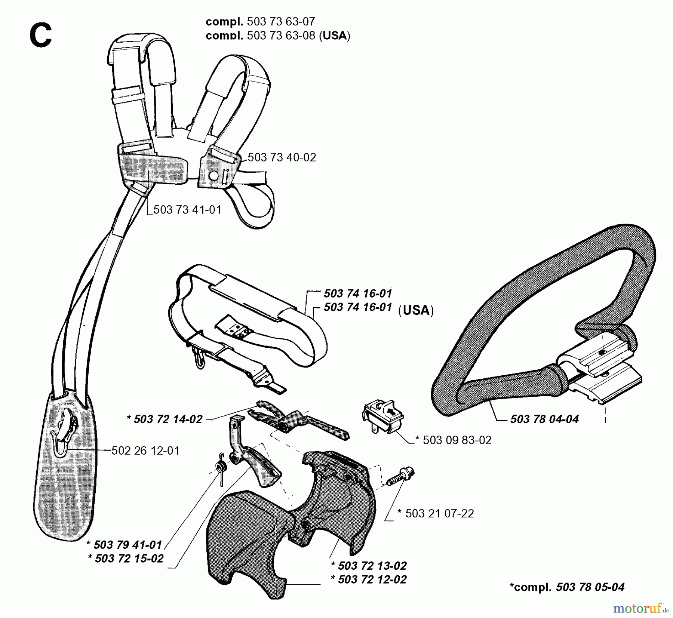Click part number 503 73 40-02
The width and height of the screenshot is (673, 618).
(x=282, y=157)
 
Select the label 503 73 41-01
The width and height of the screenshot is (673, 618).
(x=187, y=209)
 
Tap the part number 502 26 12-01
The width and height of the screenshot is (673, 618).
(x=145, y=451)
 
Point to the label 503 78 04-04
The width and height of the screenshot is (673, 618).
(x=544, y=419)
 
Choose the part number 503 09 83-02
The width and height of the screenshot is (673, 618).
(x=457, y=440)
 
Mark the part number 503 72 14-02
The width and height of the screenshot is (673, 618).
(x=168, y=419)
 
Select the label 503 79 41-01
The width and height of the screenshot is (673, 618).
(x=127, y=544)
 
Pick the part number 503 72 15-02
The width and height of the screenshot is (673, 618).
(x=129, y=558)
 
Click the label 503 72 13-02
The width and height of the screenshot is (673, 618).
(x=372, y=565)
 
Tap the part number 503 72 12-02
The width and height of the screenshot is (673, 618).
(x=372, y=579)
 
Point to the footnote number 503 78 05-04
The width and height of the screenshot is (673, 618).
(x=590, y=587)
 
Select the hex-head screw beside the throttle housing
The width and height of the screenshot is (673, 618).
(x=400, y=476)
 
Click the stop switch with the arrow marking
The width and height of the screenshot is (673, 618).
(x=383, y=415)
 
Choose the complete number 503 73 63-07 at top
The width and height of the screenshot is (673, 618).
(x=281, y=21)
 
